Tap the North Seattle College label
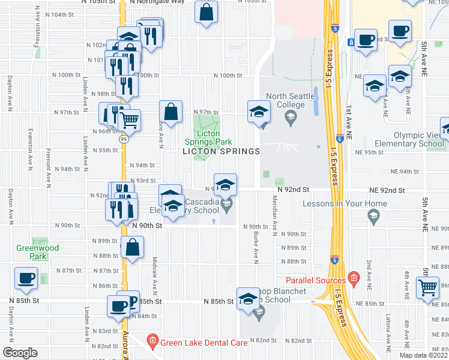291,100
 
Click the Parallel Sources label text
319,280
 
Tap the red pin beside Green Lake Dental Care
152,343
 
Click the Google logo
20,352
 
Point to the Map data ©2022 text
424,355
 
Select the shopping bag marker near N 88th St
132,247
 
